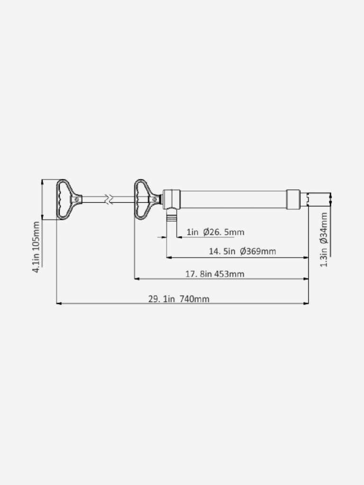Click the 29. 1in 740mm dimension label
click(x=179, y=299)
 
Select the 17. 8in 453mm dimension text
click(x=215, y=274)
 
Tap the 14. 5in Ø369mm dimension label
click(x=242, y=251)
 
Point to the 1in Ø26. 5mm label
click(x=216, y=232)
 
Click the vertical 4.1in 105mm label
click(x=36, y=247)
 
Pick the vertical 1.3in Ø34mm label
click(x=324, y=239)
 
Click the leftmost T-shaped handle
click(x=69, y=199)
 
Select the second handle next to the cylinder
click(x=147, y=199)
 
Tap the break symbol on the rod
click(x=109, y=199)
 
